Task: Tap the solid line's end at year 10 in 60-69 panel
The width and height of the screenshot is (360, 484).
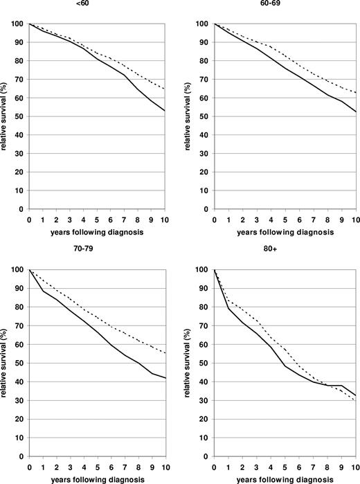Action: point(353,111)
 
